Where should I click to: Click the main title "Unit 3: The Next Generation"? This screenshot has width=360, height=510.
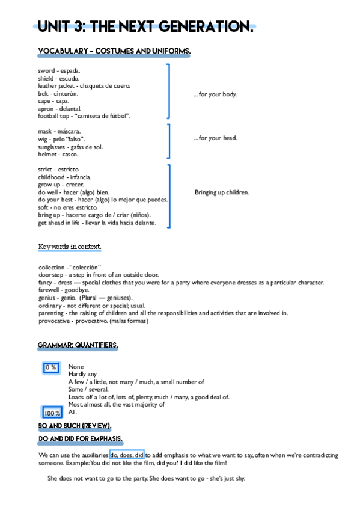[145, 26]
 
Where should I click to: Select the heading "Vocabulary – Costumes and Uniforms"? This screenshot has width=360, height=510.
[114, 52]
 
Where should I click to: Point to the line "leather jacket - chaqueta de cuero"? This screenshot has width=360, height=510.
[84, 86]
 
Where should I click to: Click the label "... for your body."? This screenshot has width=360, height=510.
[215, 94]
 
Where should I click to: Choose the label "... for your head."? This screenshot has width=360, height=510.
[215, 138]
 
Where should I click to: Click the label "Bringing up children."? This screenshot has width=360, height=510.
[222, 192]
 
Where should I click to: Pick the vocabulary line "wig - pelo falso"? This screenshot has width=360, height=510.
[61, 139]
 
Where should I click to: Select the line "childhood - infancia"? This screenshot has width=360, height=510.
[65, 177]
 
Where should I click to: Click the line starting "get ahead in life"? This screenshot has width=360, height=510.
[97, 223]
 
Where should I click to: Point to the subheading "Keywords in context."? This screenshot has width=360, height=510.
[70, 247]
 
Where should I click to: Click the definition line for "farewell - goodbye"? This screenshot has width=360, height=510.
[63, 290]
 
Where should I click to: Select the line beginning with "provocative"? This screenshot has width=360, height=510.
[93, 321]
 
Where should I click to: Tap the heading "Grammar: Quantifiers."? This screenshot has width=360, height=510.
[78, 346]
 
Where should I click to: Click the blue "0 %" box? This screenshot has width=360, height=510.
[51, 367]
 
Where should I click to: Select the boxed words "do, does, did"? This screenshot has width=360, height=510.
[126, 455]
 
